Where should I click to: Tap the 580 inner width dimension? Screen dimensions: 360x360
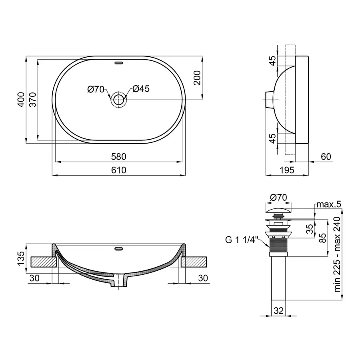pyautogui.click(x=119, y=156)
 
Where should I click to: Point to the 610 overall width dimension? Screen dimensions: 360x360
pyautogui.click(x=119, y=170)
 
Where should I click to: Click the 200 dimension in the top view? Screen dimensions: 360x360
pyautogui.click(x=196, y=78)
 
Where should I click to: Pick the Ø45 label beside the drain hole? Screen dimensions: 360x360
pyautogui.click(x=140, y=89)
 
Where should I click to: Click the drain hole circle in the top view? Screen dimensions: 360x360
pyautogui.click(x=118, y=99)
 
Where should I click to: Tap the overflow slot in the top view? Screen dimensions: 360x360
pyautogui.click(x=119, y=63)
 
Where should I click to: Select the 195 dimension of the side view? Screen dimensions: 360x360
pyautogui.click(x=287, y=170)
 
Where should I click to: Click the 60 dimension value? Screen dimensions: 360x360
pyautogui.click(x=326, y=156)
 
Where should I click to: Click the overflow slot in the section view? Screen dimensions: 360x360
pyautogui.click(x=119, y=248)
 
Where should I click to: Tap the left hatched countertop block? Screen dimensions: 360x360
pyautogui.click(x=42, y=262)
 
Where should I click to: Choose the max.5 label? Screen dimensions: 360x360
pyautogui.click(x=328, y=204)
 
